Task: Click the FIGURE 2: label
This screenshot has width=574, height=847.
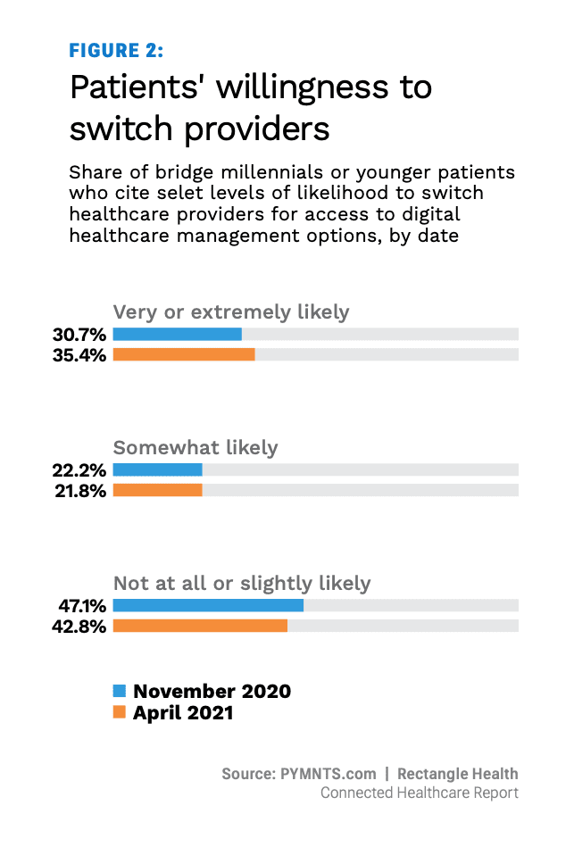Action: click(116, 50)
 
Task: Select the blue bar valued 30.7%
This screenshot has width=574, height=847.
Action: click(177, 335)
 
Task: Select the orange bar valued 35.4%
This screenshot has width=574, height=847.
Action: click(184, 354)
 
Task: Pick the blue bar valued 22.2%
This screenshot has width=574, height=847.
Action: click(157, 469)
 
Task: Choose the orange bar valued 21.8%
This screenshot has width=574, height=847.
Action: click(157, 490)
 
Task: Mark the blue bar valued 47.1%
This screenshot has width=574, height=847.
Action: click(208, 605)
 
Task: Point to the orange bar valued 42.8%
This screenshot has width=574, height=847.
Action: click(200, 626)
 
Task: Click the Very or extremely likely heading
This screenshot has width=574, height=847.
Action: click(231, 312)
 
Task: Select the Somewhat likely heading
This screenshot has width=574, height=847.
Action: click(195, 447)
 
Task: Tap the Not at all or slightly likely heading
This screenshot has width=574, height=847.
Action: click(241, 584)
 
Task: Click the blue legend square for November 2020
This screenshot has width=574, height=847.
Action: click(120, 691)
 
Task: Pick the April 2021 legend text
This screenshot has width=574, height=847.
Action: click(183, 712)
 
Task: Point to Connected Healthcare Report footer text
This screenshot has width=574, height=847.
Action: click(419, 793)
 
